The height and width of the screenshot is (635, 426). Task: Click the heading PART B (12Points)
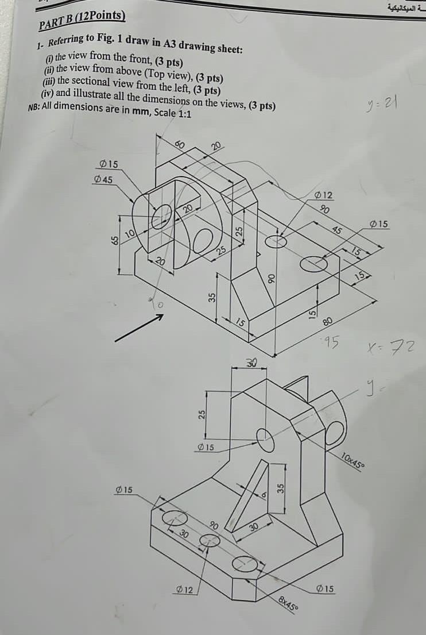[82, 20]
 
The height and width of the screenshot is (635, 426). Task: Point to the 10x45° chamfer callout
[352, 461]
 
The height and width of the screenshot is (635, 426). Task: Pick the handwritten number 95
[330, 343]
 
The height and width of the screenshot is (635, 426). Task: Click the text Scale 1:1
[170, 114]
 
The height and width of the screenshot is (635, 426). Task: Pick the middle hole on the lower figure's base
[210, 540]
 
